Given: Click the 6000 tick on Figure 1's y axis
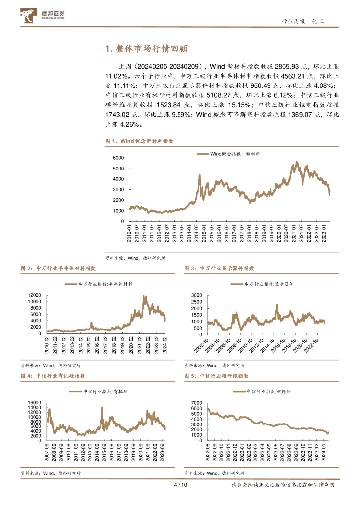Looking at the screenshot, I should (118, 158).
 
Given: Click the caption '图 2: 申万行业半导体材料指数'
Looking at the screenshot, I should (58, 268).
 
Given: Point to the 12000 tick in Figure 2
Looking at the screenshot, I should (34, 295).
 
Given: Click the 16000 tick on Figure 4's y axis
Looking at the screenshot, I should (34, 403).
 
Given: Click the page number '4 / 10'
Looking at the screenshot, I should (180, 485).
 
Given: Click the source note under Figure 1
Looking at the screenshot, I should (135, 258).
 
